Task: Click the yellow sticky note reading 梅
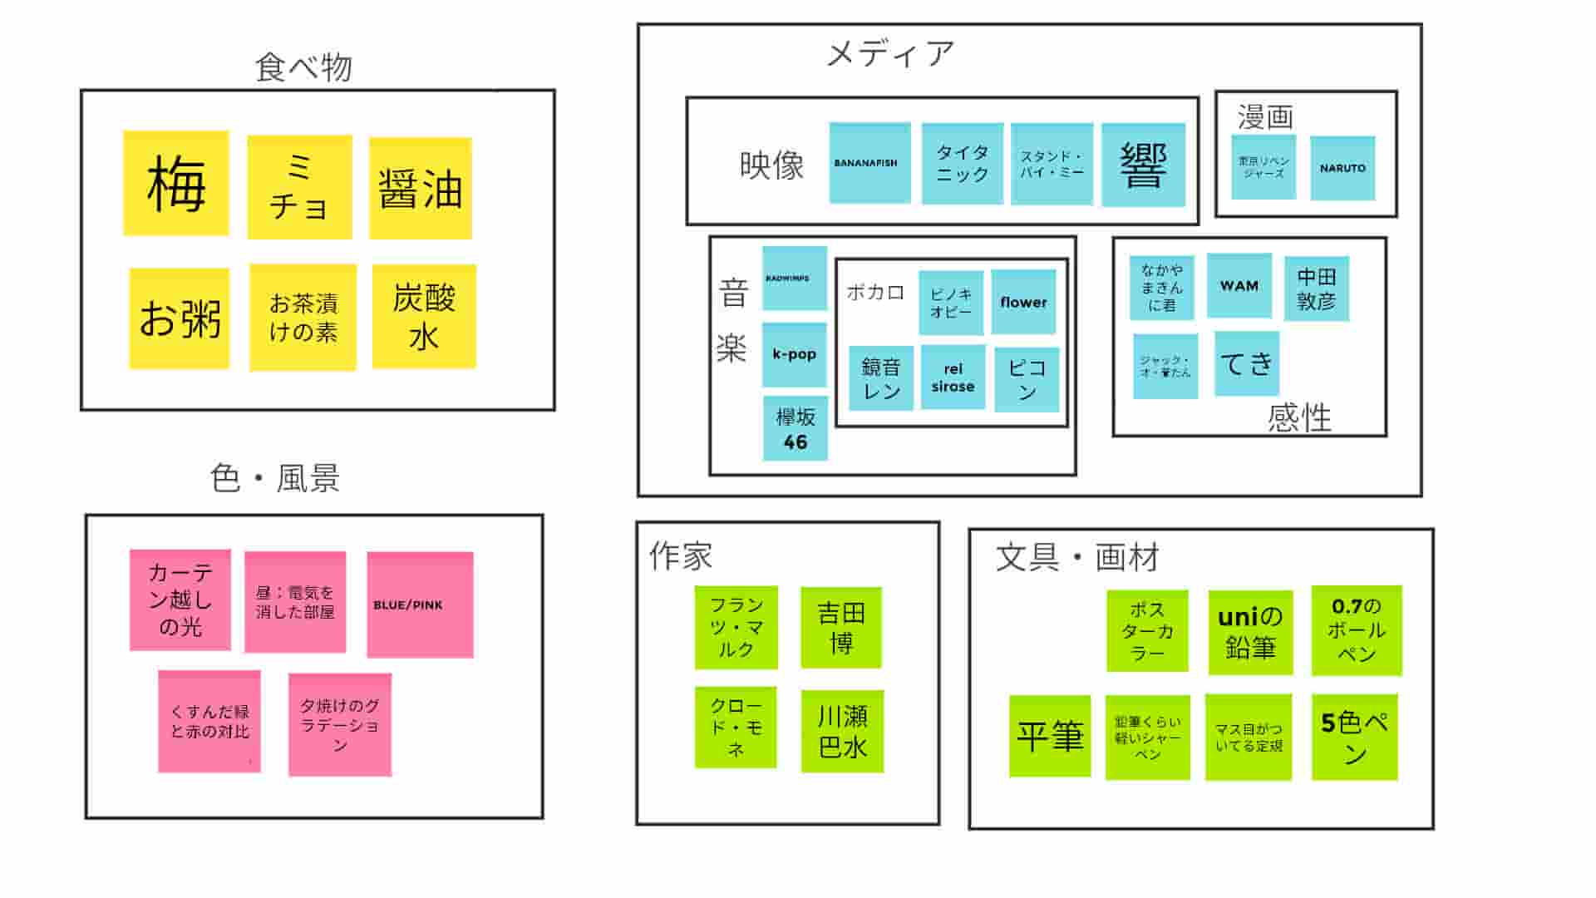click(x=175, y=183)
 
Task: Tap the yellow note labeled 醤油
click(x=420, y=188)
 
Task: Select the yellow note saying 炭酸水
click(x=424, y=316)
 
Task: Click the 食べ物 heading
click(x=303, y=67)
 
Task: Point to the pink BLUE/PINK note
click(x=420, y=604)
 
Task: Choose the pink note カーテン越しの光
click(x=180, y=599)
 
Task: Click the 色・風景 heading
click(x=275, y=478)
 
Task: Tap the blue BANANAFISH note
click(x=869, y=163)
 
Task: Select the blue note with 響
click(x=1143, y=165)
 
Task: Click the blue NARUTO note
click(x=1342, y=168)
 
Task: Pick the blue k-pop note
click(x=794, y=354)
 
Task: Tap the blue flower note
click(x=1023, y=302)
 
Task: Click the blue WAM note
click(x=1239, y=285)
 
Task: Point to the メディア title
click(x=890, y=54)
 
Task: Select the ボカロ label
click(x=874, y=293)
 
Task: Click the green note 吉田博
click(x=841, y=628)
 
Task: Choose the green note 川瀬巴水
click(x=842, y=732)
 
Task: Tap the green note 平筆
click(x=1050, y=736)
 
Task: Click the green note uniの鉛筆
click(x=1250, y=632)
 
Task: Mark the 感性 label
click(x=1299, y=417)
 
